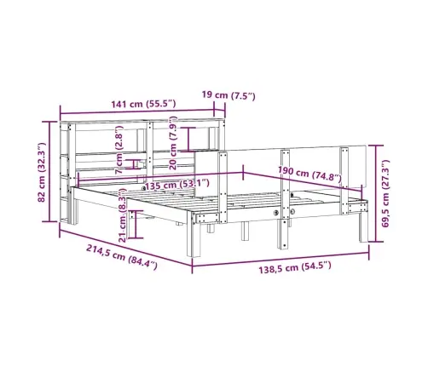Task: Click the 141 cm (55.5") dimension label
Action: [143, 104]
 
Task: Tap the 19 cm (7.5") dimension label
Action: [228, 95]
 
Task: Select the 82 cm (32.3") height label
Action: [42, 172]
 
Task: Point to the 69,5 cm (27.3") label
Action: [385, 193]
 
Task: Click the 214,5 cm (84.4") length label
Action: [122, 257]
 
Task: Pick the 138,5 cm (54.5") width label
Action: [295, 267]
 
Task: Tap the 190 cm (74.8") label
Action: [309, 174]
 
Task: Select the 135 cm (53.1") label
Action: [177, 185]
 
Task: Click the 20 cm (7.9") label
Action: [173, 143]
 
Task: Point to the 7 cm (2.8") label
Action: [119, 150]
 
